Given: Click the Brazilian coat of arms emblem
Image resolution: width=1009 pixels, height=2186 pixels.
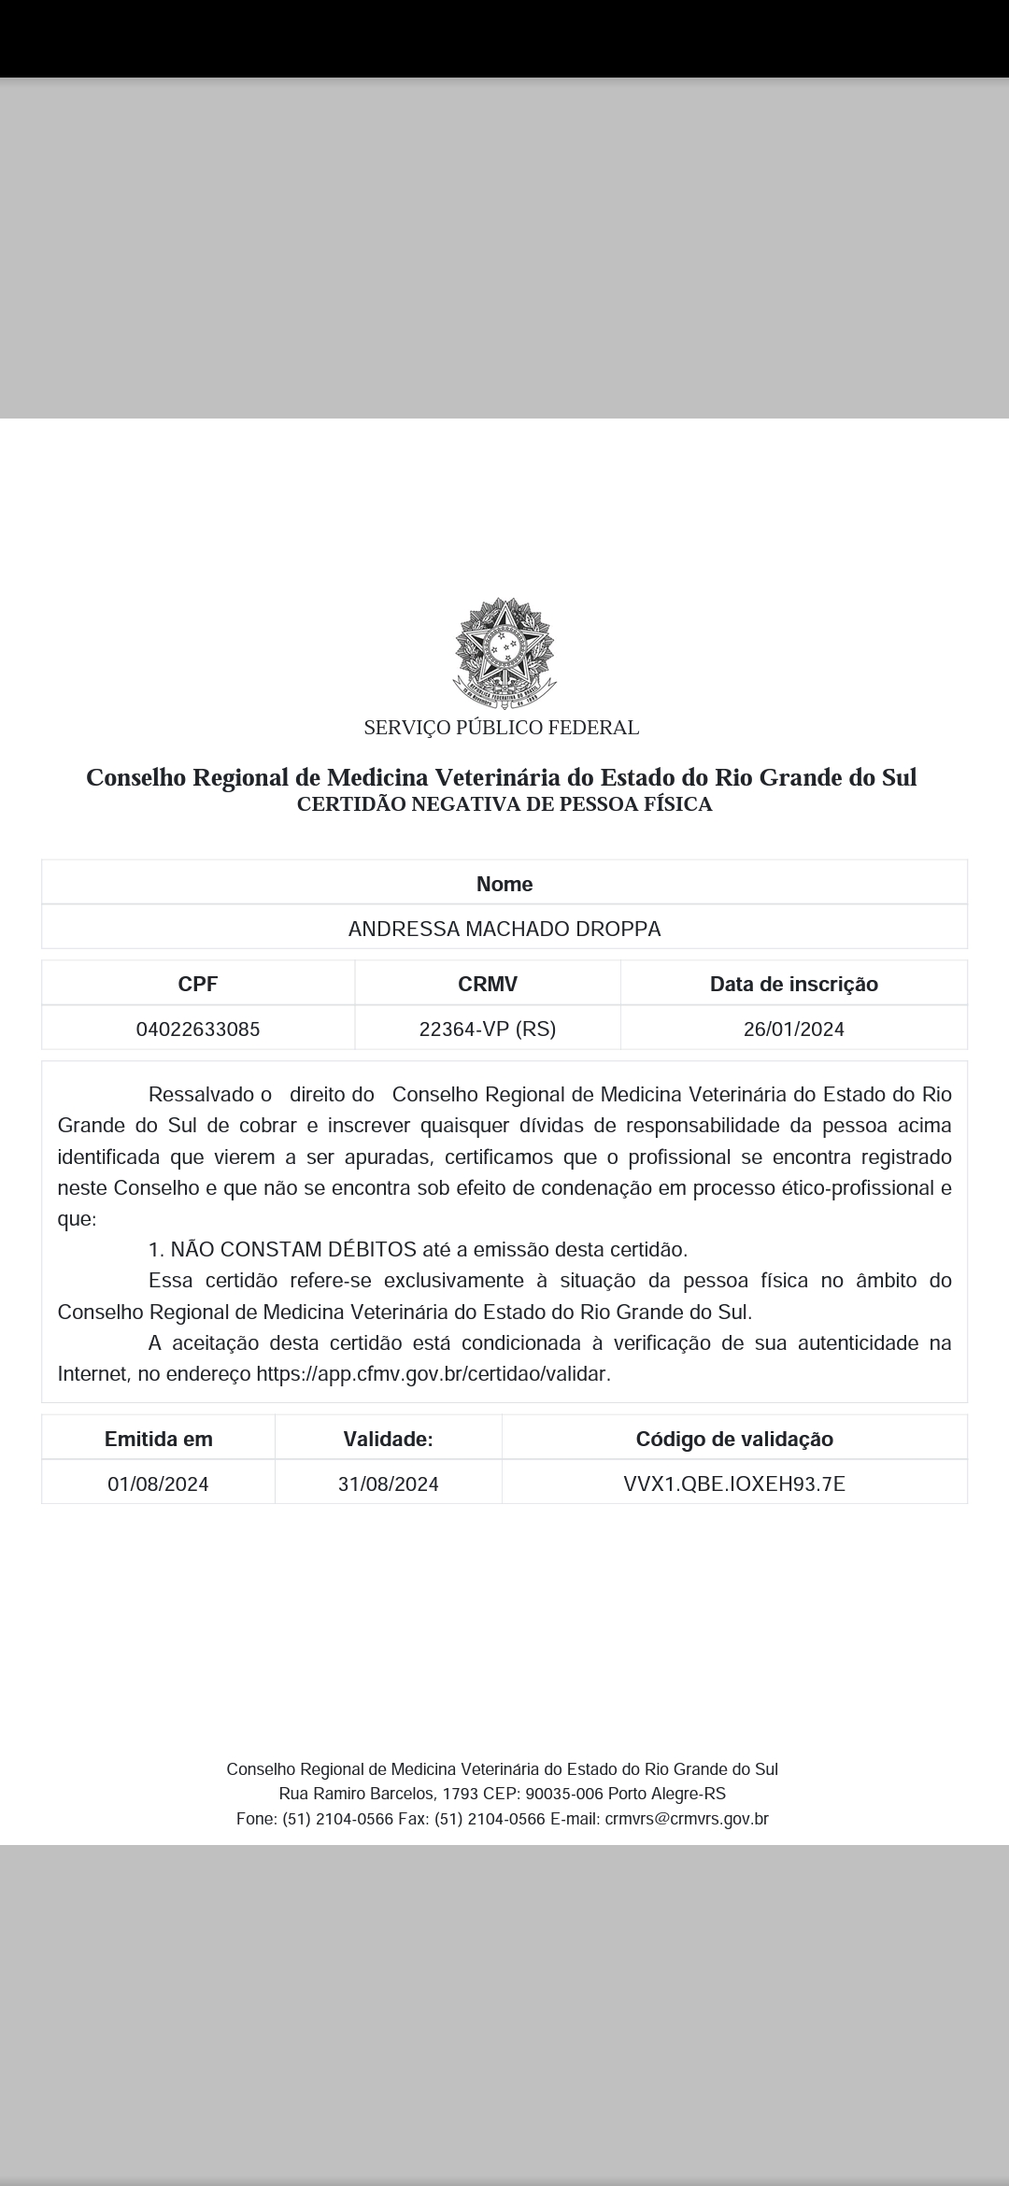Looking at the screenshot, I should pyautogui.click(x=504, y=651).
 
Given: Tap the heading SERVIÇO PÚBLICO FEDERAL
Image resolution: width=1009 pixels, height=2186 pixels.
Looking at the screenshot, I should pyautogui.click(x=502, y=728).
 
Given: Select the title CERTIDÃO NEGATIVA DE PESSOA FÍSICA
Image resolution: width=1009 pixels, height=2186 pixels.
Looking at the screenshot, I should pyautogui.click(x=504, y=804).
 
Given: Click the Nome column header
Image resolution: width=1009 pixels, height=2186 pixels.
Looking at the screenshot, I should pyautogui.click(x=504, y=884).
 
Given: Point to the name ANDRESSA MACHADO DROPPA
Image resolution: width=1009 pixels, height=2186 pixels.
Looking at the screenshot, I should pyautogui.click(x=504, y=929).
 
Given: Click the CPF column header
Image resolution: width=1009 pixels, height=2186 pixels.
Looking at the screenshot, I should pyautogui.click(x=198, y=984).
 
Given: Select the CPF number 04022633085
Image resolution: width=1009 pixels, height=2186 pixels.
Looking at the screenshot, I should pyautogui.click(x=198, y=1029).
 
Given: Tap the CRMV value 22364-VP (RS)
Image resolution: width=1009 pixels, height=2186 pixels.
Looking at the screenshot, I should pyautogui.click(x=488, y=1029).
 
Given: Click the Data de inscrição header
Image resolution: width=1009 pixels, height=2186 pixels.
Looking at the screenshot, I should pyautogui.click(x=794, y=984).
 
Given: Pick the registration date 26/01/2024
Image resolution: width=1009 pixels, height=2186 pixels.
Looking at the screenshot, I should pyautogui.click(x=794, y=1029).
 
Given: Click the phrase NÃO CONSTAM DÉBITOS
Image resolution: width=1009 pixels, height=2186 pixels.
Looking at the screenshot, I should pyautogui.click(x=293, y=1250).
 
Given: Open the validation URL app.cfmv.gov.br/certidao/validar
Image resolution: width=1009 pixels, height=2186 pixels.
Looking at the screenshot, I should pyautogui.click(x=433, y=1374).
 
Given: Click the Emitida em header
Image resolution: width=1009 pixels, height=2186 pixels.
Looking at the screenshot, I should pyautogui.click(x=159, y=1440).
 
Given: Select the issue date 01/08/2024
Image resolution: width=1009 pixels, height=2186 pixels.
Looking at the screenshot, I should pyautogui.click(x=159, y=1484).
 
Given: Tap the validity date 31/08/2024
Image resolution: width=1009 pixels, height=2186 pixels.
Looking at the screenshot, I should pyautogui.click(x=389, y=1484).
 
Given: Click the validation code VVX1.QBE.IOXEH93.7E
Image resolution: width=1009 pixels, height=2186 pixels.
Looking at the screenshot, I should pyautogui.click(x=734, y=1484).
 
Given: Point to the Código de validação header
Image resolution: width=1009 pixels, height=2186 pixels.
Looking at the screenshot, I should pyautogui.click(x=734, y=1440).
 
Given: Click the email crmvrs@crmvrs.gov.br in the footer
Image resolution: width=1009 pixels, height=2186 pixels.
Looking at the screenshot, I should pyautogui.click(x=687, y=1819).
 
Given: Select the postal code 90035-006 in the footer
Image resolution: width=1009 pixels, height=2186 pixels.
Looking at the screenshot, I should pyautogui.click(x=563, y=1794).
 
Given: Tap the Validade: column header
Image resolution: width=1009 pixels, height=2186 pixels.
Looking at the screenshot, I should pyautogui.click(x=389, y=1440).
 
